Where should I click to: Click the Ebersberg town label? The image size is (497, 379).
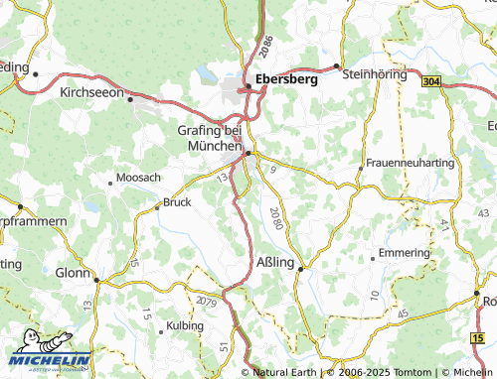click(286, 79)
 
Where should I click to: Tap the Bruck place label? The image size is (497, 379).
click(176, 202)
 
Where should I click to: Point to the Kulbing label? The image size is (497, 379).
click(185, 325)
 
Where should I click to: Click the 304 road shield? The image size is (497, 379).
click(430, 82)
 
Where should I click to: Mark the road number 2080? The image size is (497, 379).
click(275, 218)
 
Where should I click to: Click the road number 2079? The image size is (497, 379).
click(207, 301)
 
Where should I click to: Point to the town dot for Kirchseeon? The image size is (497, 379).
click(130, 98)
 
